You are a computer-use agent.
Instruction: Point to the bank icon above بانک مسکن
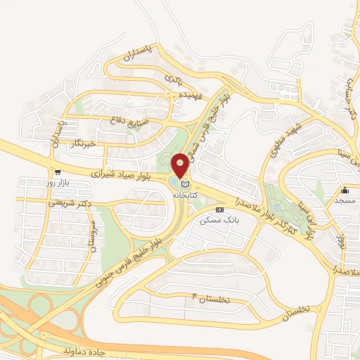click(x=219, y=209)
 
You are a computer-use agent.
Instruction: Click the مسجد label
click(x=345, y=201)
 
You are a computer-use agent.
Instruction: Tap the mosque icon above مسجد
click(x=345, y=190)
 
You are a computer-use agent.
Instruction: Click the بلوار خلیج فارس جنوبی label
click(x=127, y=255)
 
